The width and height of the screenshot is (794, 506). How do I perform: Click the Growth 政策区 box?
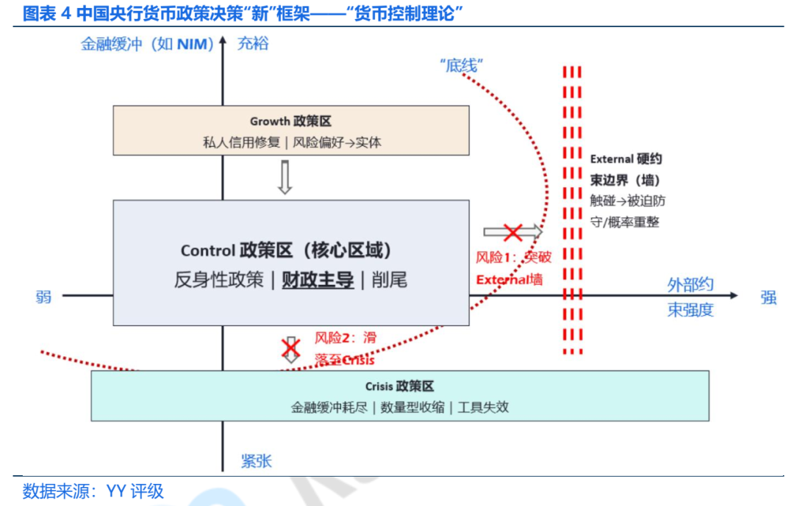[x=290, y=131]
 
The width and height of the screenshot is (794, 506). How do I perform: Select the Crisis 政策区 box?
[x=399, y=395]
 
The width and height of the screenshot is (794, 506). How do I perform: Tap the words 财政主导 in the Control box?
[x=318, y=280]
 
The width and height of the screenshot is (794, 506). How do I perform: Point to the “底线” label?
[x=460, y=65]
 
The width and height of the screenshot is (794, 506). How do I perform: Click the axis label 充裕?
[x=253, y=43]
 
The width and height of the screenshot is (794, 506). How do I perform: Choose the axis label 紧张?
[x=256, y=461]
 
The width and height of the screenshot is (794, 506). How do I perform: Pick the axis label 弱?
[x=43, y=297]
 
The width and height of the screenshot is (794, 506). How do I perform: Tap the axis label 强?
[x=768, y=297]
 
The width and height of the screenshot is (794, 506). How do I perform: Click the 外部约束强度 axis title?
[x=690, y=297]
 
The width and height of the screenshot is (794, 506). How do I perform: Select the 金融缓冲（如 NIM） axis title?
[x=147, y=44]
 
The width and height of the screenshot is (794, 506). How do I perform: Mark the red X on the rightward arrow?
[x=512, y=233]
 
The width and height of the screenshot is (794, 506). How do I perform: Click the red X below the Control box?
[x=292, y=347]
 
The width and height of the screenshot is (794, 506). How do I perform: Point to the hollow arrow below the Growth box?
[x=285, y=177]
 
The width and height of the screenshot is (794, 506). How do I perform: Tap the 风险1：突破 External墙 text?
[x=513, y=268]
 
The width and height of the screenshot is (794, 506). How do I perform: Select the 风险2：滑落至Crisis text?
[x=346, y=349]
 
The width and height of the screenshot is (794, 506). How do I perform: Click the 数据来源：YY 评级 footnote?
[x=93, y=491]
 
